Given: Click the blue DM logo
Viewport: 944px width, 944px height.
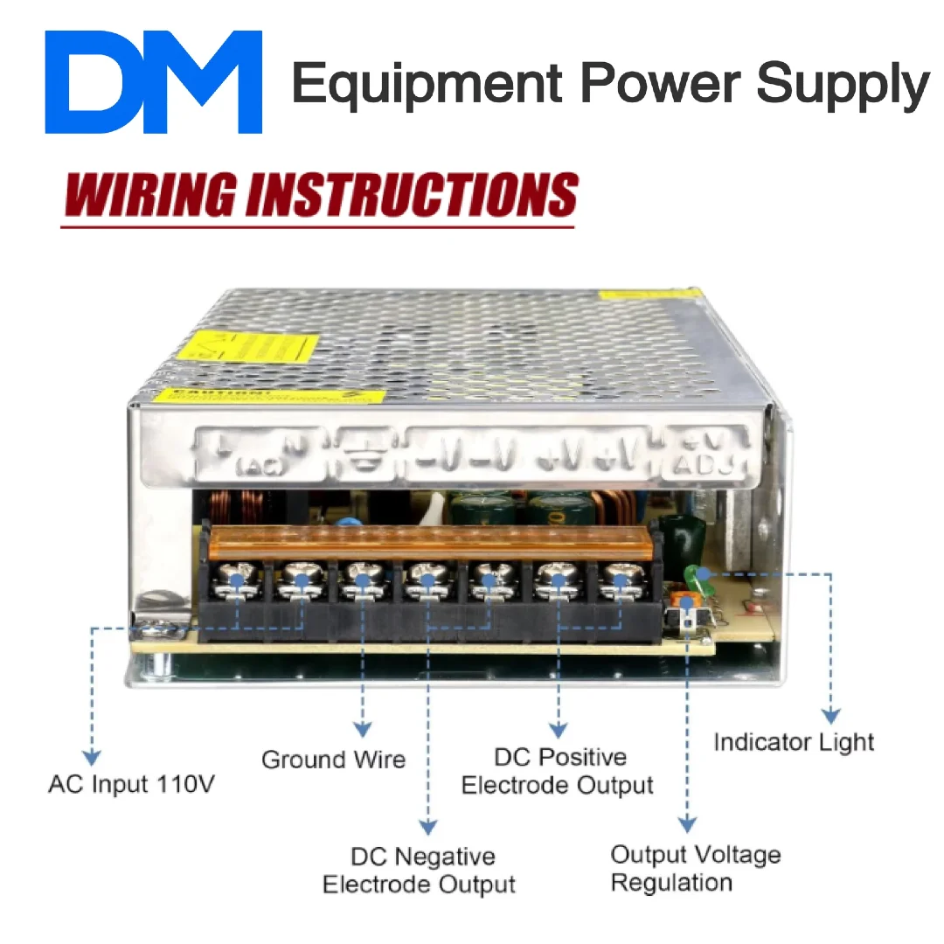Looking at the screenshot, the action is (x=154, y=82).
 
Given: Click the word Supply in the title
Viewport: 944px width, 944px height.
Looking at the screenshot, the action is (x=843, y=84).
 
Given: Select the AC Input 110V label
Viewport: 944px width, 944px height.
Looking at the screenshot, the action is (x=131, y=784).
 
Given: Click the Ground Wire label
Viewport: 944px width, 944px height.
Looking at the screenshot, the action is (x=334, y=759).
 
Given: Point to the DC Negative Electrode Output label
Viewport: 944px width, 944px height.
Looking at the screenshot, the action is (x=420, y=870).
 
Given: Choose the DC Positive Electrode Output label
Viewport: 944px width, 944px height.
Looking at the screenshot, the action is (x=558, y=771).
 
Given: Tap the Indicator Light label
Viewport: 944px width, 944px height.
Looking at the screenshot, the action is (x=794, y=742).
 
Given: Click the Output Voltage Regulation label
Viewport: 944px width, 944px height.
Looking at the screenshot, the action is (x=696, y=868).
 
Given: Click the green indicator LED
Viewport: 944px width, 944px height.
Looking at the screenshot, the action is (x=700, y=575).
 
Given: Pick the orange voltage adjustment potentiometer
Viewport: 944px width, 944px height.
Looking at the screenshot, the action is (x=687, y=600).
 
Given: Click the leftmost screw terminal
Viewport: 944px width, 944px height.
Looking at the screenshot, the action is (x=236, y=580).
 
